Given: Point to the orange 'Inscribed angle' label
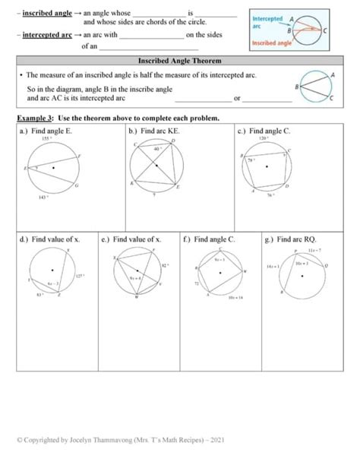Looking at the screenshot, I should (271, 43).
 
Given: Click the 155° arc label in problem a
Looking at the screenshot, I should (46, 140).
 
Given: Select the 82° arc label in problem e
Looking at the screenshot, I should (165, 265).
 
